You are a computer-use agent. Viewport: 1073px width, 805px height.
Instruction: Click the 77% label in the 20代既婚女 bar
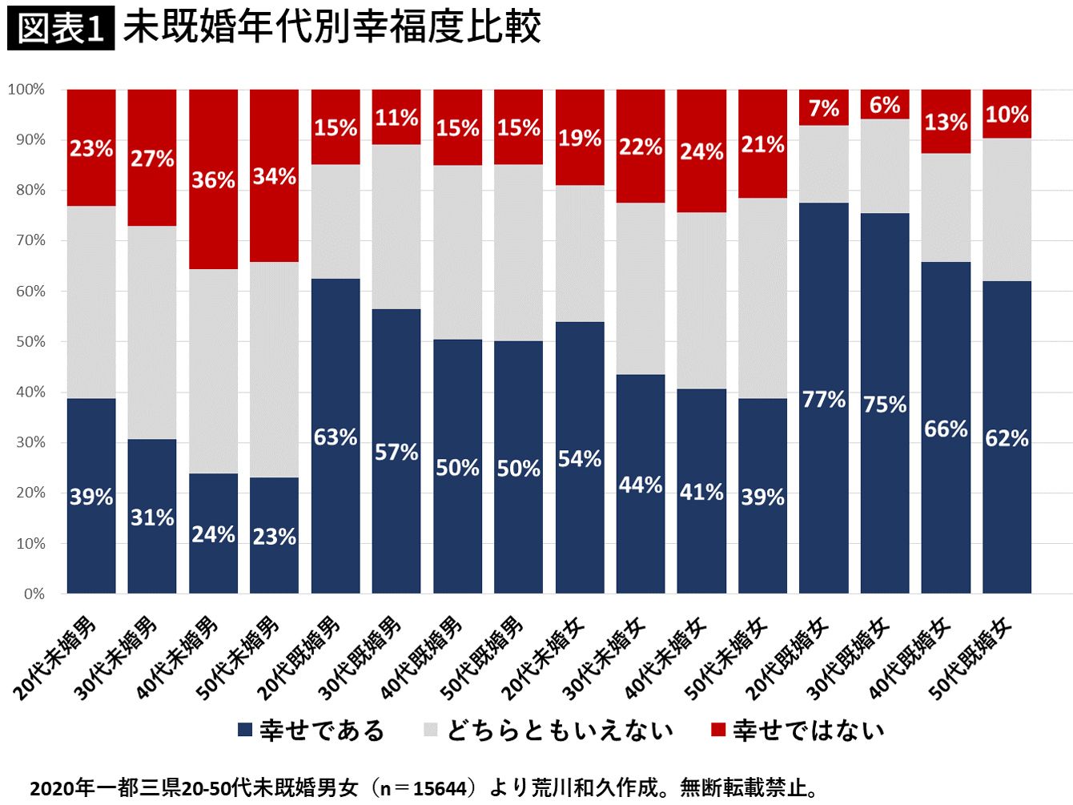click(x=823, y=400)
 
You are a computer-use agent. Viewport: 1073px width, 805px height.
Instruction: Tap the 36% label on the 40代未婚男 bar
click(x=213, y=180)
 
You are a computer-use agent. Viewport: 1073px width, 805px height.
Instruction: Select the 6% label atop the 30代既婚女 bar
click(x=884, y=105)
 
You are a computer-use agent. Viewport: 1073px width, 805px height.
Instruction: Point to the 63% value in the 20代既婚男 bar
click(x=335, y=437)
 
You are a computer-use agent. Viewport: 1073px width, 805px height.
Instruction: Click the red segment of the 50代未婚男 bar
click(x=274, y=175)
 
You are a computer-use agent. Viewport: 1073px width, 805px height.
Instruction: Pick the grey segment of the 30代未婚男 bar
click(x=152, y=332)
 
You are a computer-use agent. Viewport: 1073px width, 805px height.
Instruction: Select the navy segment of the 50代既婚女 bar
click(x=1007, y=437)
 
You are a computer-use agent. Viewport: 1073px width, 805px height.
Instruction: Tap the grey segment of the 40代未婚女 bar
click(x=701, y=300)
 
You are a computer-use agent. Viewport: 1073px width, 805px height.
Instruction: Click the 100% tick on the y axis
click(x=26, y=90)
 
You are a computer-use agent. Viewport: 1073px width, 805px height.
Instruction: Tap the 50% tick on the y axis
click(x=30, y=342)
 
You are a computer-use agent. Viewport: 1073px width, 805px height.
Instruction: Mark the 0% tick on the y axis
click(x=34, y=594)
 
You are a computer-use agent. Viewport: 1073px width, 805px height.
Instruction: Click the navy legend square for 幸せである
click(x=245, y=730)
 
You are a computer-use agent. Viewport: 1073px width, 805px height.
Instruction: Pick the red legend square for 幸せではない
click(x=718, y=730)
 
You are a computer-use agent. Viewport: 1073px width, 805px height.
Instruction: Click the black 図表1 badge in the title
click(x=61, y=29)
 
